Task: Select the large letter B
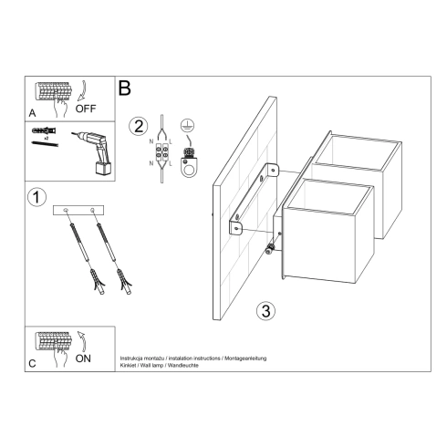coord(125,88)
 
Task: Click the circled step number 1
coord(36,196)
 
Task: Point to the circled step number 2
coord(138,126)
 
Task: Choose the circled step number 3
coord(265,310)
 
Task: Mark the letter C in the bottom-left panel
coord(33,364)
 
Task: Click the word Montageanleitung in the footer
coord(239,360)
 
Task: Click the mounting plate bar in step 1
coord(79,211)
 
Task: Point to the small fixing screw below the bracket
coord(270,250)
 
